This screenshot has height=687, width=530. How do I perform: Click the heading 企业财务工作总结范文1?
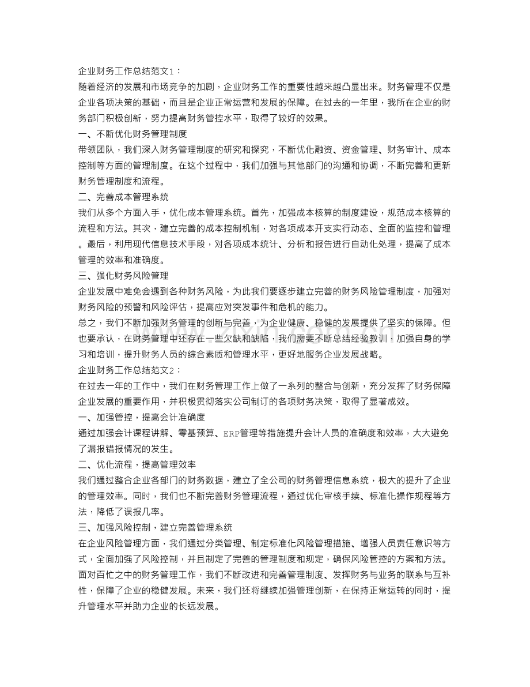[x=129, y=71]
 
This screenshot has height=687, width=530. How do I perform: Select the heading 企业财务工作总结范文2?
[x=129, y=369]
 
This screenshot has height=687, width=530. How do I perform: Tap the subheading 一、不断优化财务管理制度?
[x=132, y=134]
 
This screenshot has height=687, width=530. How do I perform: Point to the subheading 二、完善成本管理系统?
[x=123, y=197]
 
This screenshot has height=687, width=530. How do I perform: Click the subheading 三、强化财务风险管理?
[x=123, y=275]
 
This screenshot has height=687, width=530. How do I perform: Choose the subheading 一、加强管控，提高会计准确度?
[x=142, y=416]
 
